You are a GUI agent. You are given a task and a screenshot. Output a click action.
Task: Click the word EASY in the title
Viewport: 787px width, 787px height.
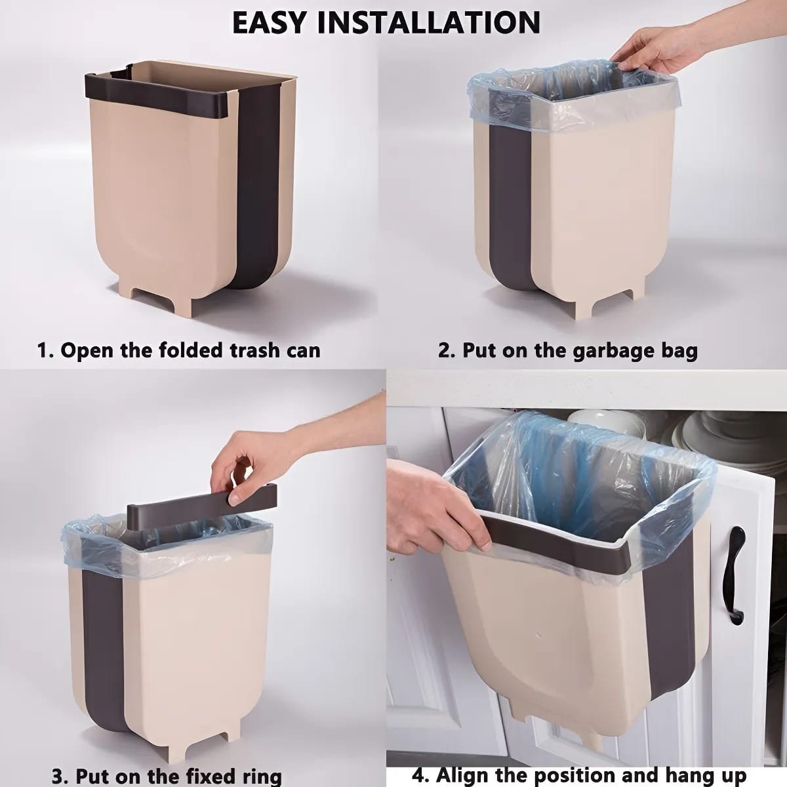coord(270,22)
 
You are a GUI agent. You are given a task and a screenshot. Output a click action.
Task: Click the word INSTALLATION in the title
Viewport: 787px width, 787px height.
coord(429,22)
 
